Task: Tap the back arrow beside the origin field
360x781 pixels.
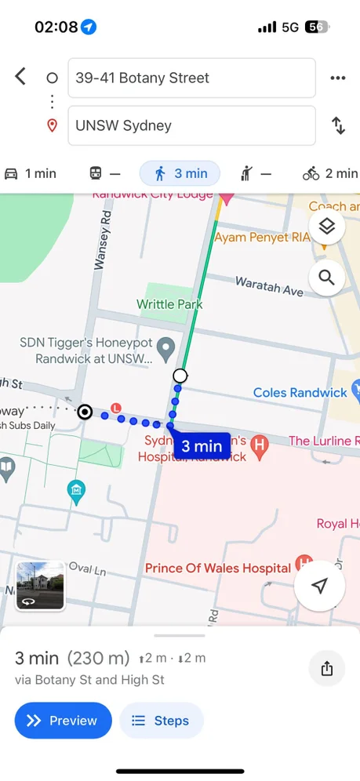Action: point(20,77)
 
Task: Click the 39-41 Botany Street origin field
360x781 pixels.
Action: point(191,78)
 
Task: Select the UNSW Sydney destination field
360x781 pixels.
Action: point(191,125)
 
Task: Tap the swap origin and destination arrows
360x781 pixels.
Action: point(338,125)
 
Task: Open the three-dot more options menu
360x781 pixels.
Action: point(338,78)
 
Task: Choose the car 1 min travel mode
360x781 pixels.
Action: point(31,173)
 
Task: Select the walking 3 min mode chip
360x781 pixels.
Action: point(180,173)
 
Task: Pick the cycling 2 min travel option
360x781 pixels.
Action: point(329,173)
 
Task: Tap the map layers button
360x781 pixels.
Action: point(326,227)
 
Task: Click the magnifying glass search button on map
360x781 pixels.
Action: point(326,278)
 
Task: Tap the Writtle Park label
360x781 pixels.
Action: point(169,304)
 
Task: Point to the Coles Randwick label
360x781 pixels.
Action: point(300,392)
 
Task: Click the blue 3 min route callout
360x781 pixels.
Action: point(201,446)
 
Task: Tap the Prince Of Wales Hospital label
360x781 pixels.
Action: point(218,568)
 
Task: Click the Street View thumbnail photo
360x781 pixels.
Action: point(40,586)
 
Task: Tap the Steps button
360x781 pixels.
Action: point(161,721)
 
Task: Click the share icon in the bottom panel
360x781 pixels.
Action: point(327,668)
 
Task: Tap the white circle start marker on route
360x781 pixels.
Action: point(180,376)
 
